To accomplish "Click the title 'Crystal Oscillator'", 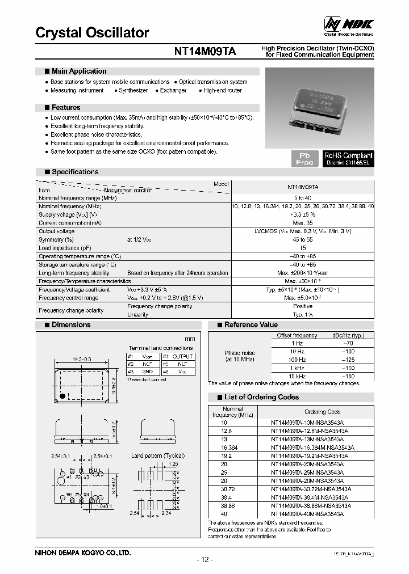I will click(92, 33).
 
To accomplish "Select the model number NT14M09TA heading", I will click(205, 52).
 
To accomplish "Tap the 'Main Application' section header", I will click(78, 71).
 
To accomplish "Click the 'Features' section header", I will click(66, 108).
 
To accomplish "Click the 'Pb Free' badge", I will click(304, 159).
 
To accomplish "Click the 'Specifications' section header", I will click(74, 172).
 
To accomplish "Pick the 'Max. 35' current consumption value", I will click(302, 223).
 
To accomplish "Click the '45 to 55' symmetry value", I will click(302, 240).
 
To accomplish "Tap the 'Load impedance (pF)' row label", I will click(65, 248).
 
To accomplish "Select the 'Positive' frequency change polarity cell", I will click(302, 306).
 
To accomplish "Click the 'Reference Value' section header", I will click(251, 325).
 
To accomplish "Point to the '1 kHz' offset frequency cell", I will click(297, 368).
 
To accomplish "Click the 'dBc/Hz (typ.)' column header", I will click(348, 336).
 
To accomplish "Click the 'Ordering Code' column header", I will click(323, 412).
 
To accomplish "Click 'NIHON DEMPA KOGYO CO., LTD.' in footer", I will click(83, 552).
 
